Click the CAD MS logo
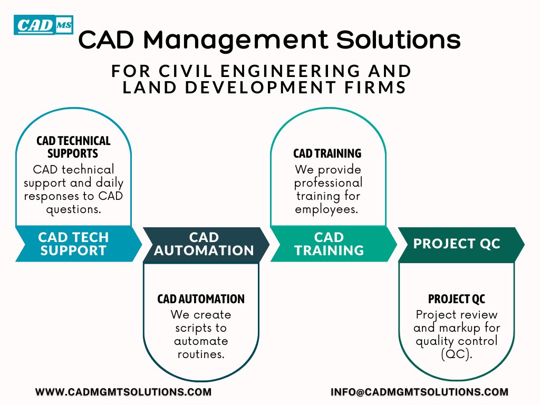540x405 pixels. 43,25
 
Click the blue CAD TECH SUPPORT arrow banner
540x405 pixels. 74,244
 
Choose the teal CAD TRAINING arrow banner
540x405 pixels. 329,244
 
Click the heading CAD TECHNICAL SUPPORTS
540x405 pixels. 73,147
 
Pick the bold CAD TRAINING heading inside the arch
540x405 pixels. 327,153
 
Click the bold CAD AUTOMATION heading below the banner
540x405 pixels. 201,299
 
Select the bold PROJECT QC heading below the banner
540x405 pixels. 456,299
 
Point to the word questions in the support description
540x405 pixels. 73,209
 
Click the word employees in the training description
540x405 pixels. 326,209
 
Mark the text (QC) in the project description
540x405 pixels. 456,354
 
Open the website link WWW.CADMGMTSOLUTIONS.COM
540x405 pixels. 123,392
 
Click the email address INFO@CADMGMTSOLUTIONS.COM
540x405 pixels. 420,392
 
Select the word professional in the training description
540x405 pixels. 328,183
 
